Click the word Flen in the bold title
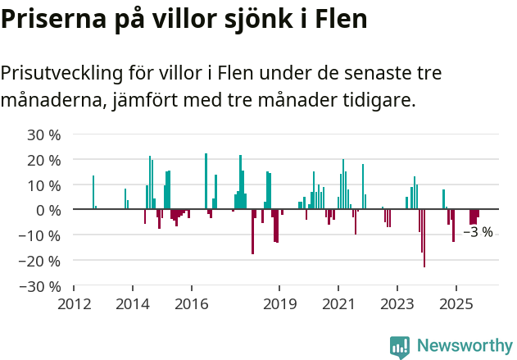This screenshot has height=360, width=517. (338, 19)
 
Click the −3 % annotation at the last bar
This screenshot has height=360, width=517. (478, 233)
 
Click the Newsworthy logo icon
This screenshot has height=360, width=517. (400, 347)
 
